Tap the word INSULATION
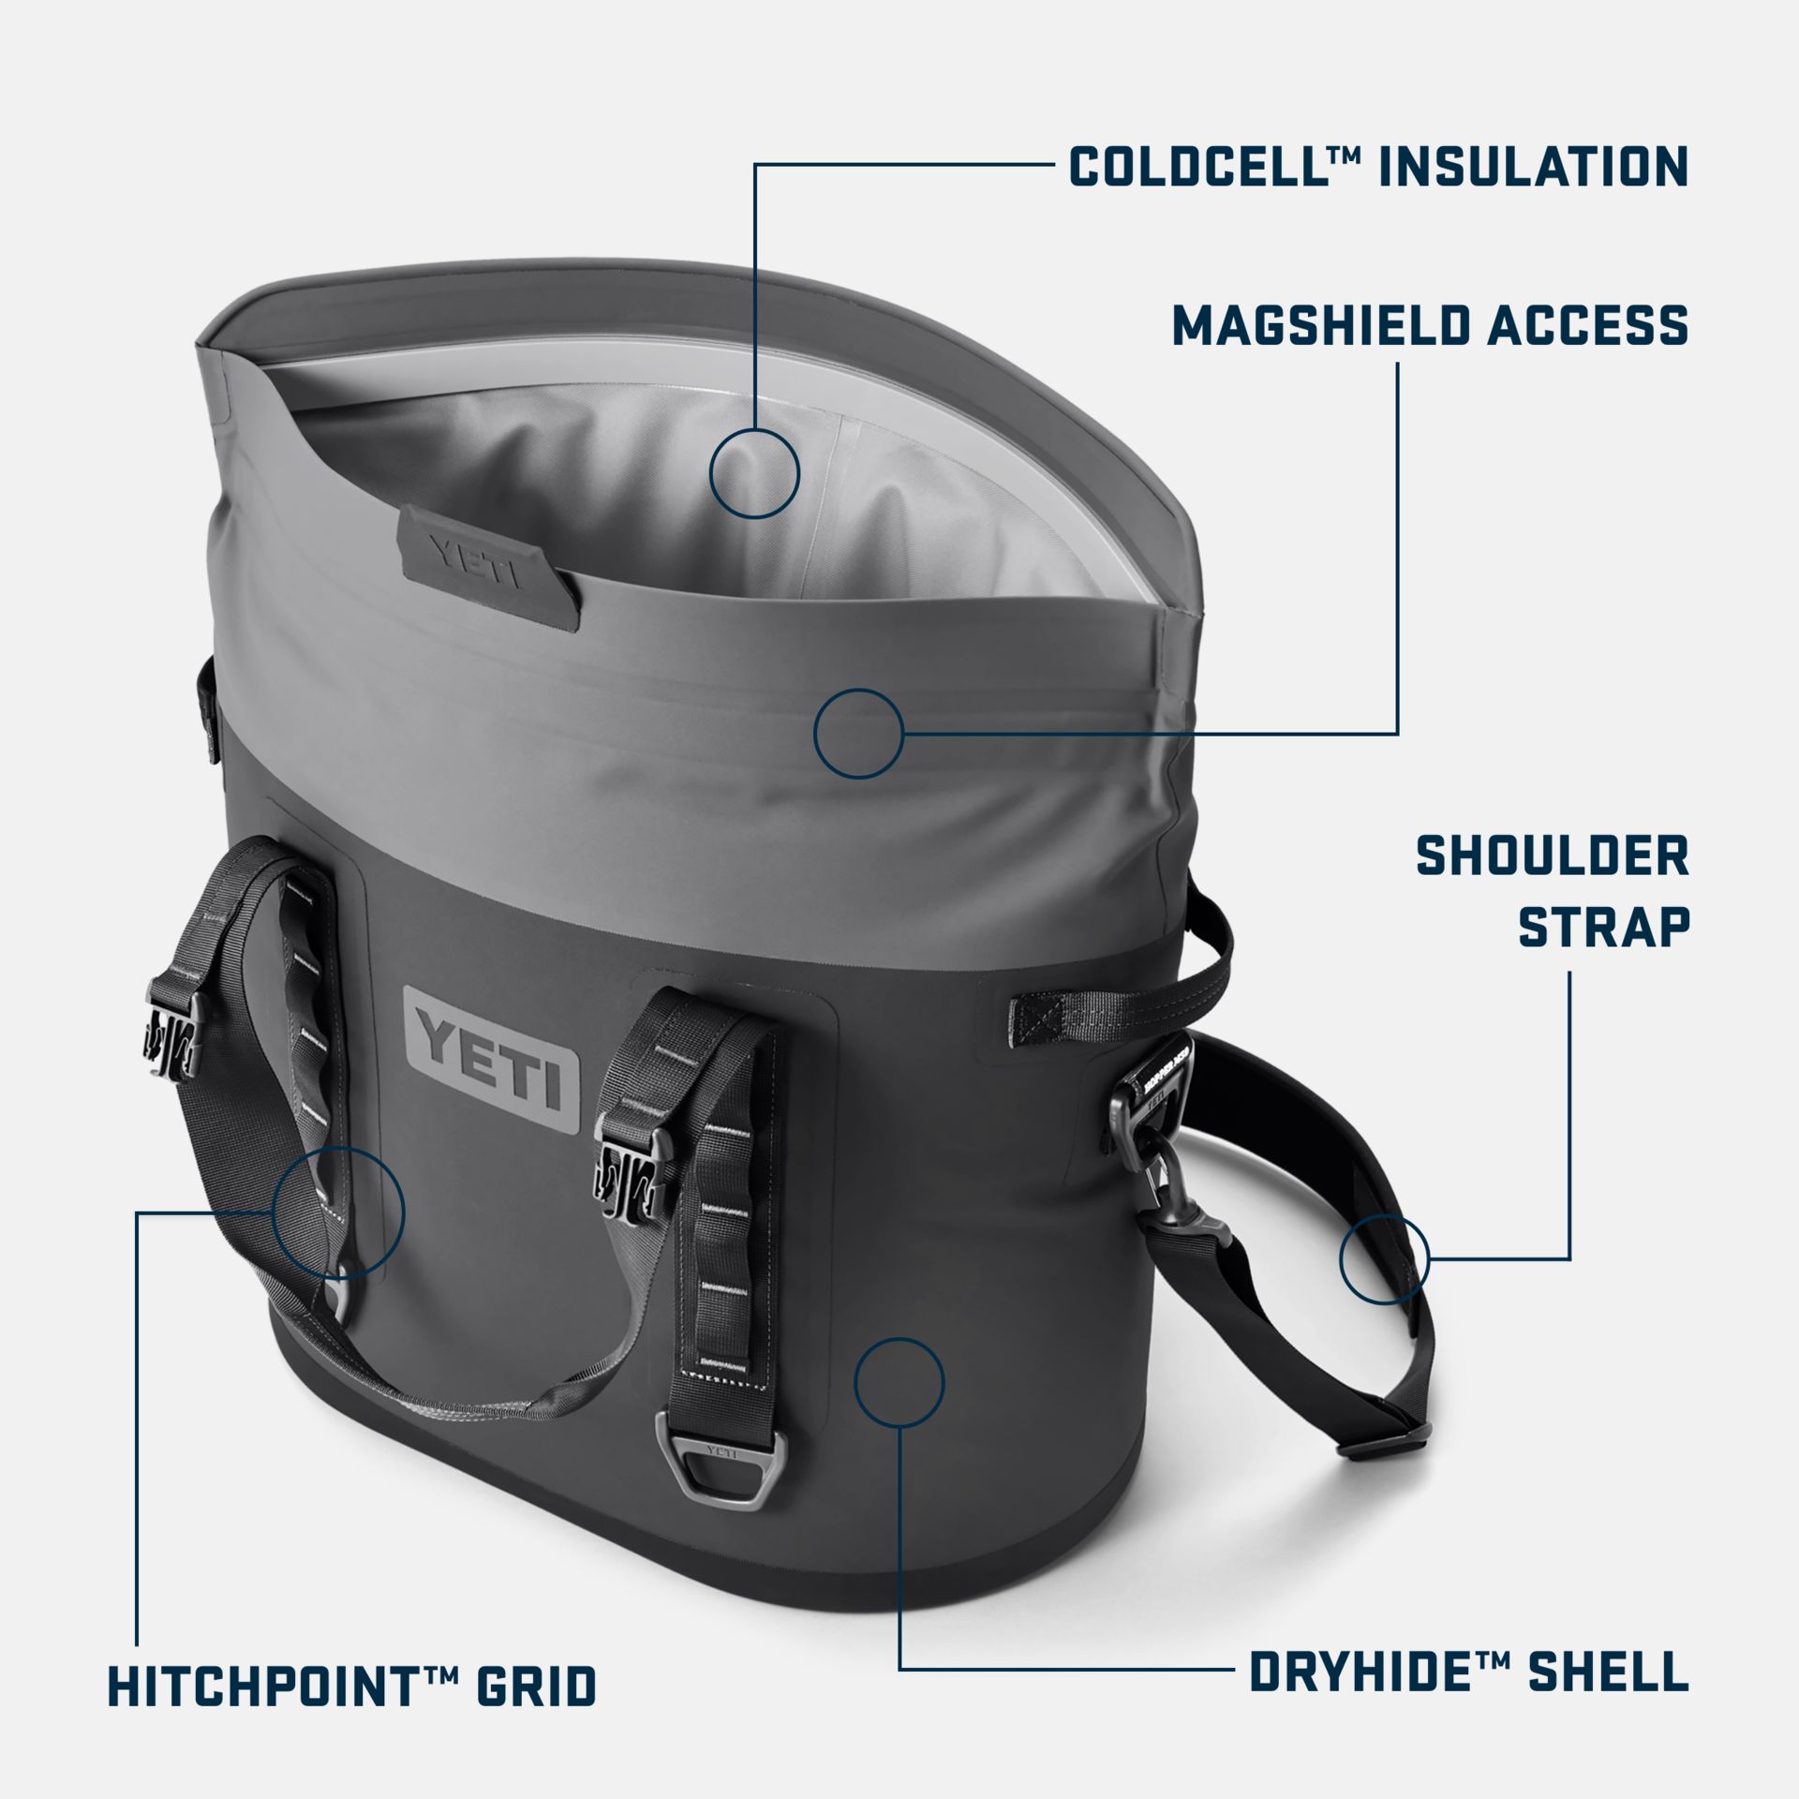click(x=1533, y=167)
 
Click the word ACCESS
click(x=1589, y=326)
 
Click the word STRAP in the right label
click(x=1603, y=928)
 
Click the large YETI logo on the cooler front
click(x=492, y=1060)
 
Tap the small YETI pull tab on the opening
click(x=487, y=567)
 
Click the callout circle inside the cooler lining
click(x=754, y=472)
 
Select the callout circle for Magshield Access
click(x=858, y=733)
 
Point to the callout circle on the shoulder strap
click(x=1384, y=1258)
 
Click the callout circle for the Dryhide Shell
click(x=899, y=1383)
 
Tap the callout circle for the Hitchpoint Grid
click(x=338, y=1212)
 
